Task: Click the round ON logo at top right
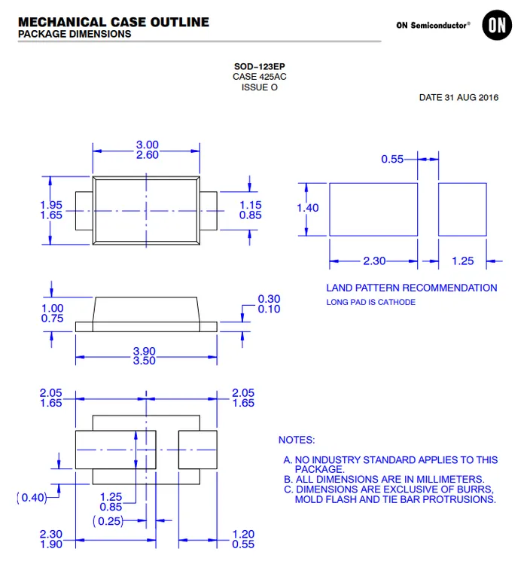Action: pyautogui.click(x=497, y=25)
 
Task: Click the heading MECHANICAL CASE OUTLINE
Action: pyautogui.click(x=114, y=22)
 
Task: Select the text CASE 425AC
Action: pyautogui.click(x=260, y=77)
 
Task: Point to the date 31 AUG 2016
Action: pyautogui.click(x=458, y=98)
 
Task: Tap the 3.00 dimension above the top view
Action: pyautogui.click(x=148, y=145)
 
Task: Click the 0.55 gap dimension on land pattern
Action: pyautogui.click(x=392, y=159)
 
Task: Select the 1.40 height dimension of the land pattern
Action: pyautogui.click(x=308, y=208)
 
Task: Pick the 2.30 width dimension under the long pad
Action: pyautogui.click(x=374, y=261)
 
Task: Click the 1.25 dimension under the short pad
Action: pyautogui.click(x=462, y=261)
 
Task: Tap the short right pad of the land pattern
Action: pyautogui.click(x=462, y=209)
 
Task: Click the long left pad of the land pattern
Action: pyautogui.click(x=373, y=209)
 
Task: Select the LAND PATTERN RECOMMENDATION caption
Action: pyautogui.click(x=411, y=288)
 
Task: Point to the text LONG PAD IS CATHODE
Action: pyautogui.click(x=370, y=303)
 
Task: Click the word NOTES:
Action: pyautogui.click(x=297, y=440)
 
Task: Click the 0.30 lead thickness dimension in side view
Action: pyautogui.click(x=269, y=299)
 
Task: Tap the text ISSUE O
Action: pyautogui.click(x=260, y=87)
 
